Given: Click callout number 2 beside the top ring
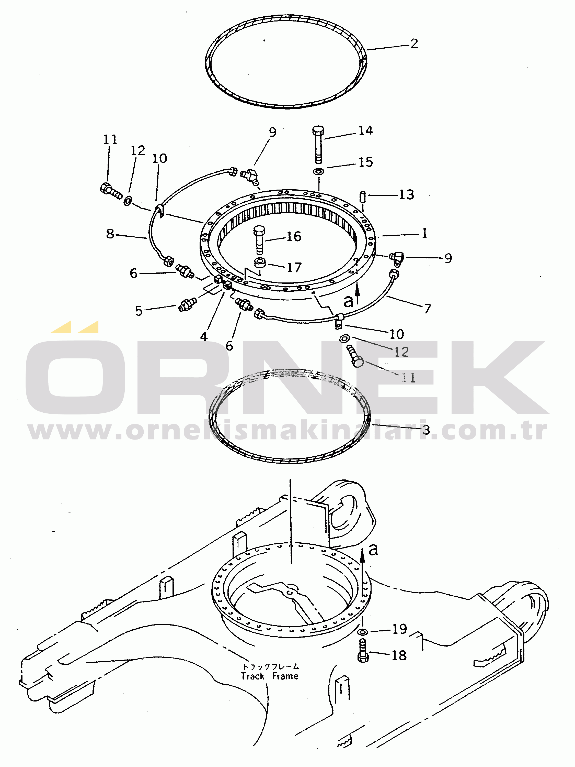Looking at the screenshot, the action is pos(414,44).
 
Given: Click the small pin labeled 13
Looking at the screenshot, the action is pos(363,197).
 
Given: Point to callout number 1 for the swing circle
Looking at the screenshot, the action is pos(424,233).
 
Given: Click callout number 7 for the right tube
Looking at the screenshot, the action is pos(428,309).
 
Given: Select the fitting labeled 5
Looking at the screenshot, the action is pos(187,304).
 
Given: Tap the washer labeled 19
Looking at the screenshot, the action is pos(363,632).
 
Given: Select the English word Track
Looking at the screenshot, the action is pos(252,676).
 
